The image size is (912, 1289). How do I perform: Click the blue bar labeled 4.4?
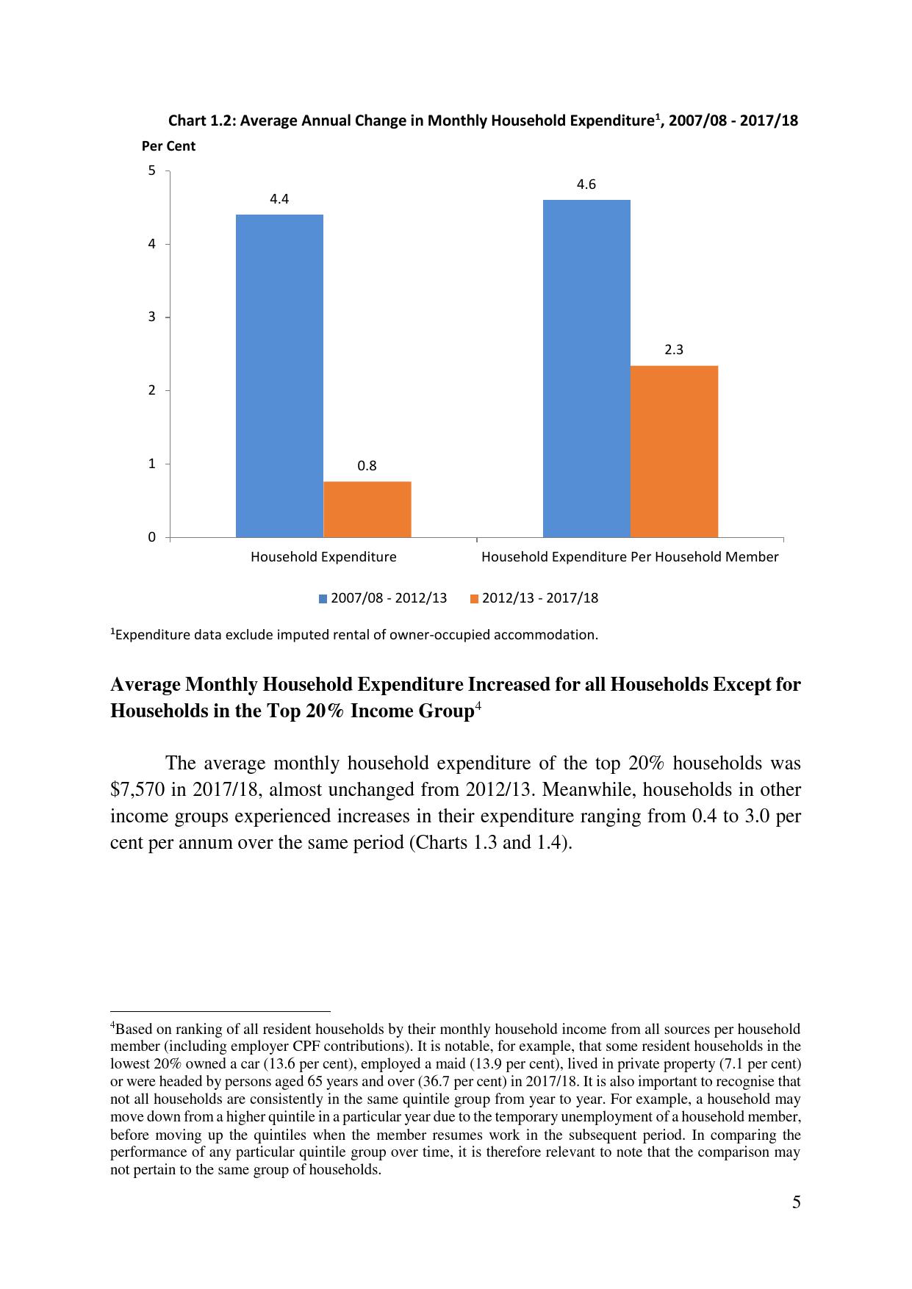coord(279,376)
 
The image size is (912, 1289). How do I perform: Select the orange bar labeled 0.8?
coord(367,509)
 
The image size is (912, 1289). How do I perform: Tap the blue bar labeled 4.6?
coord(586,368)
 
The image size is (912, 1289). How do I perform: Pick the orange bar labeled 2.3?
coord(674,451)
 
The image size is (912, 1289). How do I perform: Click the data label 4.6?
coord(586,184)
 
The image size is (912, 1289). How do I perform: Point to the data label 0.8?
coord(367,466)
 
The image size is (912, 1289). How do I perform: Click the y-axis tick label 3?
coord(152,317)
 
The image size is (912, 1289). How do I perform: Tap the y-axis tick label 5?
coord(152,170)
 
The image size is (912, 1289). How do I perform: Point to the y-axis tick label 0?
coord(152,537)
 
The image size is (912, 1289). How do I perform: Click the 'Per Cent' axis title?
coord(168,146)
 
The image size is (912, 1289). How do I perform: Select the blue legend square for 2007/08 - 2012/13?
coord(323,599)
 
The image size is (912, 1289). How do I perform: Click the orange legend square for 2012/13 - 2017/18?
coord(473,599)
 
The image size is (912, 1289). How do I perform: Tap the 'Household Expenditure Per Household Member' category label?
coord(630,557)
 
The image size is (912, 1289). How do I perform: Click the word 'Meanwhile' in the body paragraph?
coord(589,790)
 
